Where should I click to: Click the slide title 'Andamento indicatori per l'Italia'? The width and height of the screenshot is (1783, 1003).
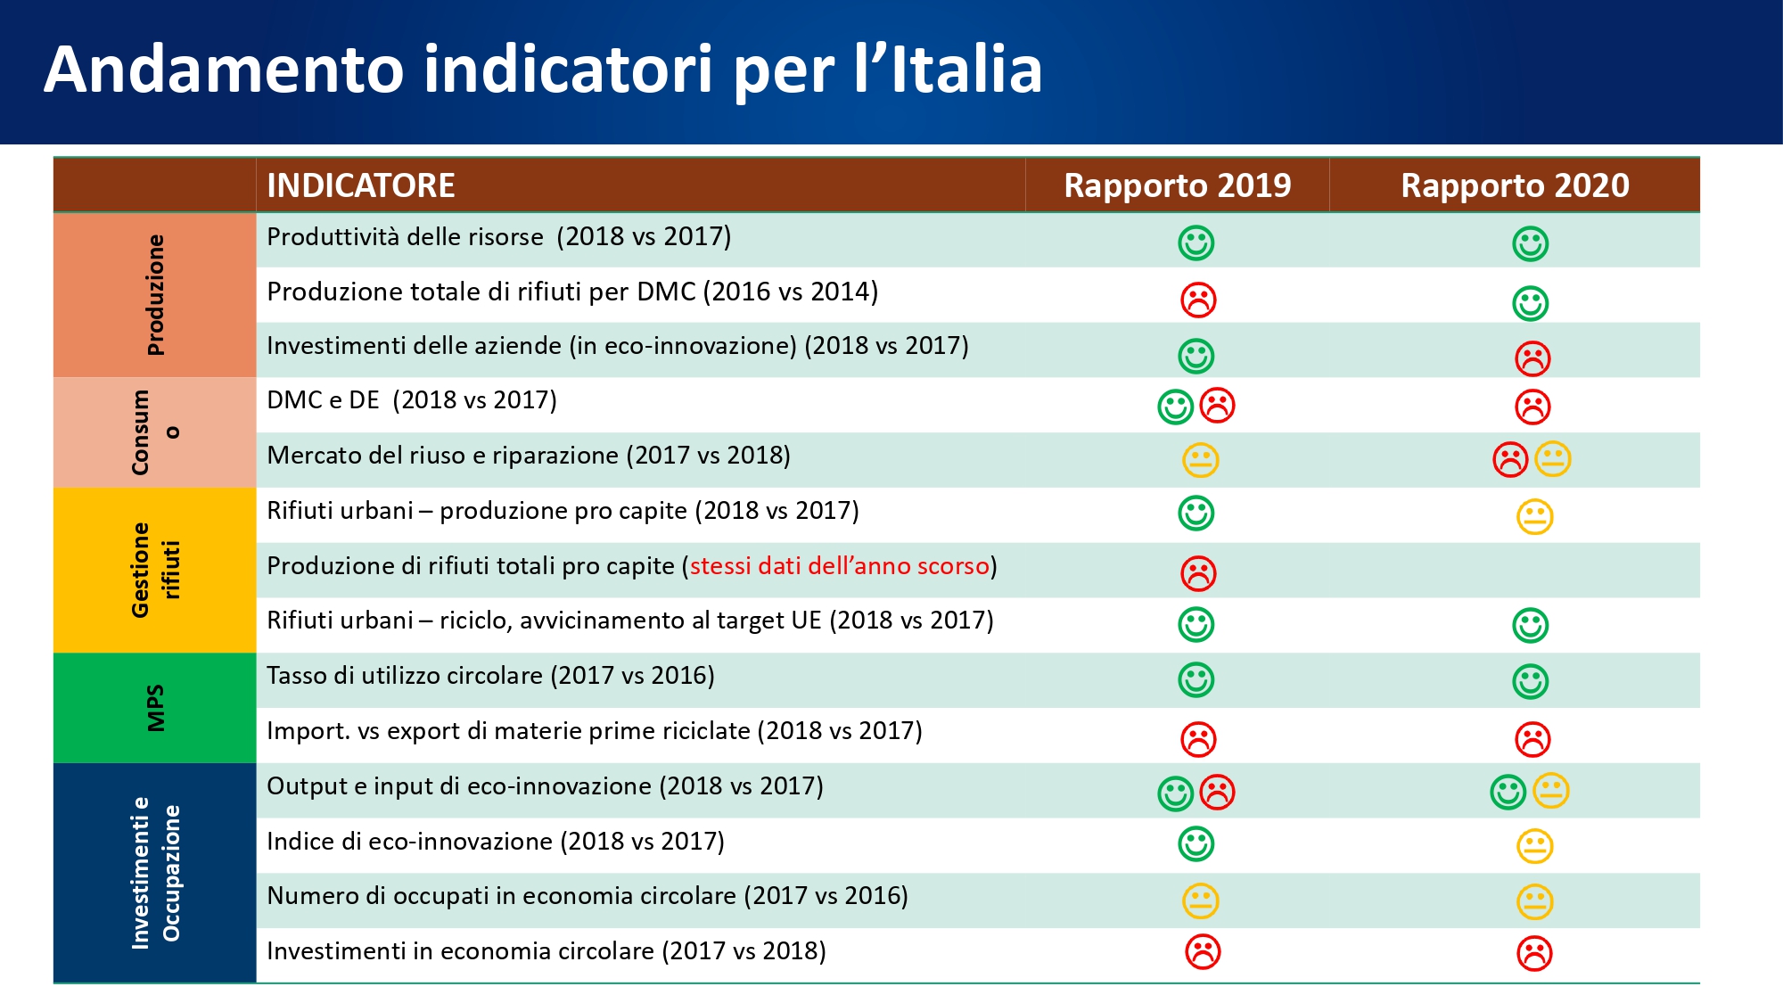tap(543, 70)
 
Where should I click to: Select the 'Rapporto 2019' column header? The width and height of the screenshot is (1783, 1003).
tap(1177, 185)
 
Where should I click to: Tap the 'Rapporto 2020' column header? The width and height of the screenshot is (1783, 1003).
tap(1515, 185)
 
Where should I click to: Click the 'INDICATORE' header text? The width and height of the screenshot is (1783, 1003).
tap(361, 185)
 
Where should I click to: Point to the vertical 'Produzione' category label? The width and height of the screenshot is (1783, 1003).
tap(156, 295)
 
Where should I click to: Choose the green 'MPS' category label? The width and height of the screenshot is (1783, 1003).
tap(156, 708)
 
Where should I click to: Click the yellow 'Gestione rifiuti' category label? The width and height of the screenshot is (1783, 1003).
tap(156, 570)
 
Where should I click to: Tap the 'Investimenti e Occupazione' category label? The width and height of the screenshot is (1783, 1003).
tap(156, 873)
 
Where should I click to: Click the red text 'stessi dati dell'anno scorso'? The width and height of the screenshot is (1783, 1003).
tap(839, 566)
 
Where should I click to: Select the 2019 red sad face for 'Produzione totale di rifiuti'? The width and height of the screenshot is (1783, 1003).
tap(1198, 300)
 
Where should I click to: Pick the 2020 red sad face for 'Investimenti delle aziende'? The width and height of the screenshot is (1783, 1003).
tap(1532, 358)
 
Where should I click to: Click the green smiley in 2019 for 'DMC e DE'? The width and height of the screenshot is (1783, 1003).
tap(1175, 407)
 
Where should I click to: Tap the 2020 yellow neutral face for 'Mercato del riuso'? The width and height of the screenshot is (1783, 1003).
tap(1553, 459)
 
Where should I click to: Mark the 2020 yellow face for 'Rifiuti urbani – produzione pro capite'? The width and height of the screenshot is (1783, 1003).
tap(1534, 517)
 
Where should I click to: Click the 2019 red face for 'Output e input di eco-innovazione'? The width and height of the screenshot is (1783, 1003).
tap(1217, 792)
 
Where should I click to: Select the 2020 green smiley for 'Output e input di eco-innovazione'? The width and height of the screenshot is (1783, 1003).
tap(1508, 792)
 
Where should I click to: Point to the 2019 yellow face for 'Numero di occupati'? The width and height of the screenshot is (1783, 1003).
tap(1200, 900)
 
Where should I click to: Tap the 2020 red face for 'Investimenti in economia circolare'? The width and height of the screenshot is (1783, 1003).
tap(1534, 953)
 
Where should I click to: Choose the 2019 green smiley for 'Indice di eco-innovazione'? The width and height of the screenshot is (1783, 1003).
tap(1196, 843)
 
